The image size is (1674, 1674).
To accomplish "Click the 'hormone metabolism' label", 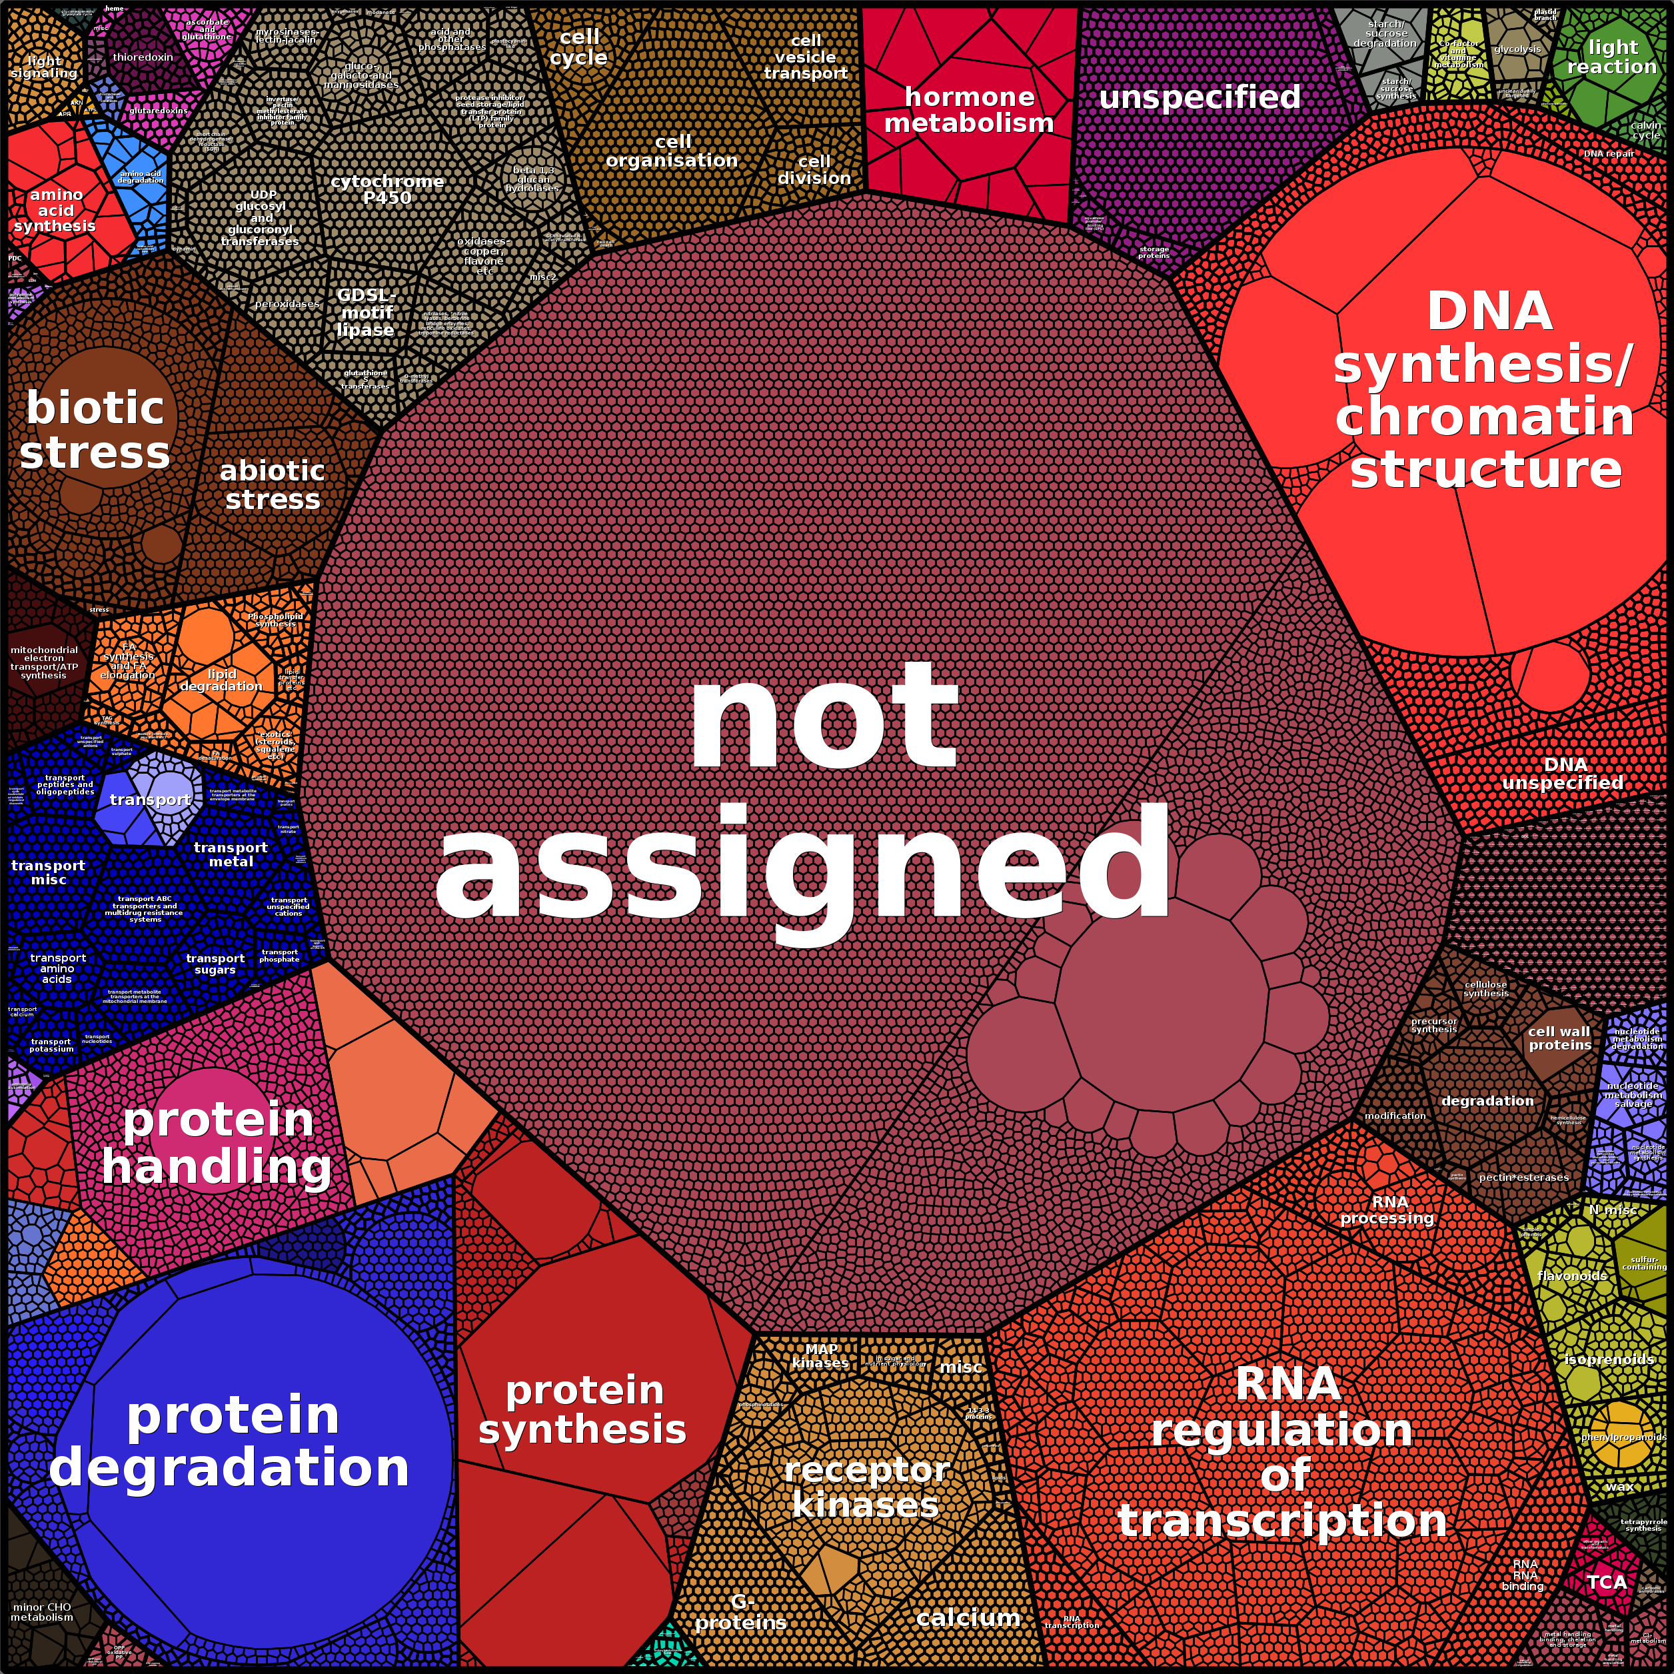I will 969,110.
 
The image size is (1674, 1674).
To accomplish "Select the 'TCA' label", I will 1607,1582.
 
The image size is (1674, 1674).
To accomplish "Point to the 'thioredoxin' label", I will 143,57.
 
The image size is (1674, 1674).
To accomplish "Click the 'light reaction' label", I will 1611,57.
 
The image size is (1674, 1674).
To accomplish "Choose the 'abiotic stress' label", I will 272,484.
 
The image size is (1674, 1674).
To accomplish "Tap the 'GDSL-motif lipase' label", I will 366,312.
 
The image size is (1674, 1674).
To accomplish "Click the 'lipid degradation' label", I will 221,680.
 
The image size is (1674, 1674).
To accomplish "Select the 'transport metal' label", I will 231,854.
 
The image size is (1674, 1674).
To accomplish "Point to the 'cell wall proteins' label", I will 1559,1038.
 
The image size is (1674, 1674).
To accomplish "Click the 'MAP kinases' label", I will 820,1356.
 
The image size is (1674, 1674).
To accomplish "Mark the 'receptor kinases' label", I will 866,1487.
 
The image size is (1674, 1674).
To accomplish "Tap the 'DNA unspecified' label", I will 1564,774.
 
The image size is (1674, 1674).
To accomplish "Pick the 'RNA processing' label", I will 1388,1210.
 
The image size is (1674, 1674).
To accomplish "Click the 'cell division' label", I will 814,170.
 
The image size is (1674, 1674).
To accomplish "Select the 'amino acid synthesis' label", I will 55,211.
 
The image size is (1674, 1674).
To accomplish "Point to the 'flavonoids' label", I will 1572,1275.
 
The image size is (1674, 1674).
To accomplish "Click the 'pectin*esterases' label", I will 1524,1178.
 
